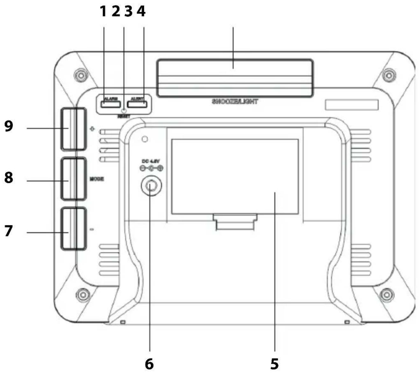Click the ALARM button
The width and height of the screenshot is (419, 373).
coord(111,104)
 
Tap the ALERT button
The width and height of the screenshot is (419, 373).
coord(137,104)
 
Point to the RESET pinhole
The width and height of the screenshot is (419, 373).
coord(124,111)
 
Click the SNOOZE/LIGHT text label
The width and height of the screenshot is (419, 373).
coord(235,102)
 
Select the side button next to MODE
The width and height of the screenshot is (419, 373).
coord(74,179)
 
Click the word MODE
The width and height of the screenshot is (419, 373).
coord(97,179)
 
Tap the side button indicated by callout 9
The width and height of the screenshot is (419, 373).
coord(73,128)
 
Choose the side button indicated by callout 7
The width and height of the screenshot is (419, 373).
coord(74,229)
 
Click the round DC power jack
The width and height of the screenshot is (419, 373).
coord(151,185)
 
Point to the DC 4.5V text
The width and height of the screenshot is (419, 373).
coord(148,162)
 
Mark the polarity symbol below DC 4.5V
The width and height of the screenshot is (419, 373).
coord(151,168)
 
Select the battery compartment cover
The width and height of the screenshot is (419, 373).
coord(235,176)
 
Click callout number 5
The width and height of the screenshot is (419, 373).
coord(274,364)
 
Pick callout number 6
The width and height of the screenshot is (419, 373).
coord(149,364)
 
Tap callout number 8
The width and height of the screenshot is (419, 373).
coord(9,178)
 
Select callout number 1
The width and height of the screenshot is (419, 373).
coord(103,11)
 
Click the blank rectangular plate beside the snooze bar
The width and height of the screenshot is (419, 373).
coord(351,105)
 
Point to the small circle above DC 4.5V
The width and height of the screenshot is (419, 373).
coord(145,139)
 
